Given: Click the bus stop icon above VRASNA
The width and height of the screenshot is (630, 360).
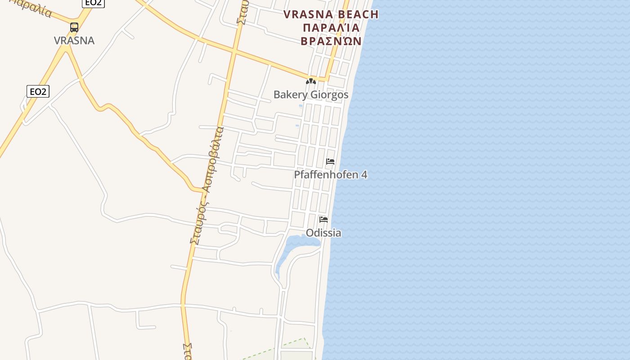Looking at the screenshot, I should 74,27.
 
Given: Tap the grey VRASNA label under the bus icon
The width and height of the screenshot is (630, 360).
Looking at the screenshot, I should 74,40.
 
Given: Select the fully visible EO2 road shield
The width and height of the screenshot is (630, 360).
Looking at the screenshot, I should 38,92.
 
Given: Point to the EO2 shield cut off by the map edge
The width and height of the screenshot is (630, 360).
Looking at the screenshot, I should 93,3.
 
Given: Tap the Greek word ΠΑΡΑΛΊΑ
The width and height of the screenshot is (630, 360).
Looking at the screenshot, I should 332,28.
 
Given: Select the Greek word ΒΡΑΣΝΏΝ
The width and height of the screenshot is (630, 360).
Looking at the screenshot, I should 331,41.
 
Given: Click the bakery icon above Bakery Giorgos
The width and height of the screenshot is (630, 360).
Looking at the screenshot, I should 310,81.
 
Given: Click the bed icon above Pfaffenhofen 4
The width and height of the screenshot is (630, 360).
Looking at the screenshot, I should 330,162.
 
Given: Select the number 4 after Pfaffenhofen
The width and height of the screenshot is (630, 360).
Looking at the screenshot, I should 364,175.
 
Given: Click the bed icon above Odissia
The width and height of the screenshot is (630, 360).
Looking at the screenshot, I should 324,220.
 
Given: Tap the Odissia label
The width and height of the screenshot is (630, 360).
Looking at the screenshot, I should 324,233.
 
